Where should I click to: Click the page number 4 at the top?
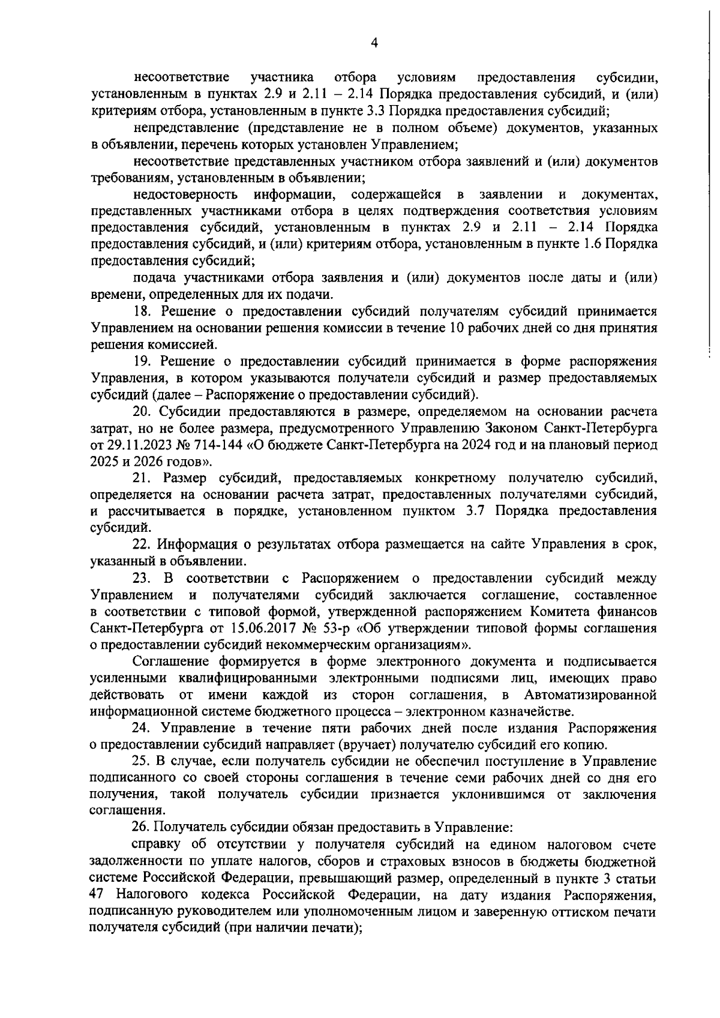[x=374, y=42]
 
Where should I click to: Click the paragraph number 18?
[x=141, y=312]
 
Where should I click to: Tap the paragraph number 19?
[x=141, y=361]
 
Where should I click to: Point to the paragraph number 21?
[x=141, y=478]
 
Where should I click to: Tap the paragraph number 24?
[x=141, y=728]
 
